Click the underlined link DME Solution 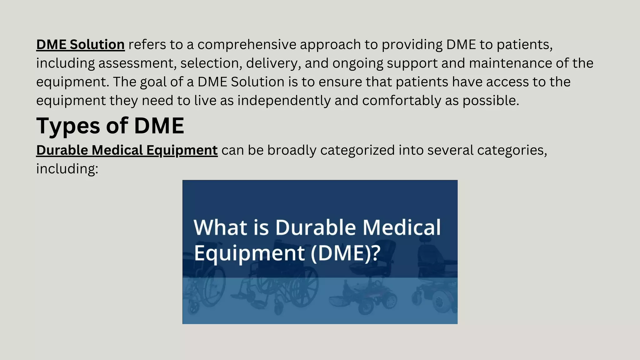coord(80,45)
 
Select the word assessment coord(136,63)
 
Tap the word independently coord(284,101)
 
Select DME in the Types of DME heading coord(159,126)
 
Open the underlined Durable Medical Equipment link coord(127,150)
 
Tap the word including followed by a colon coord(67,169)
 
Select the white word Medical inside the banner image coord(402,227)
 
